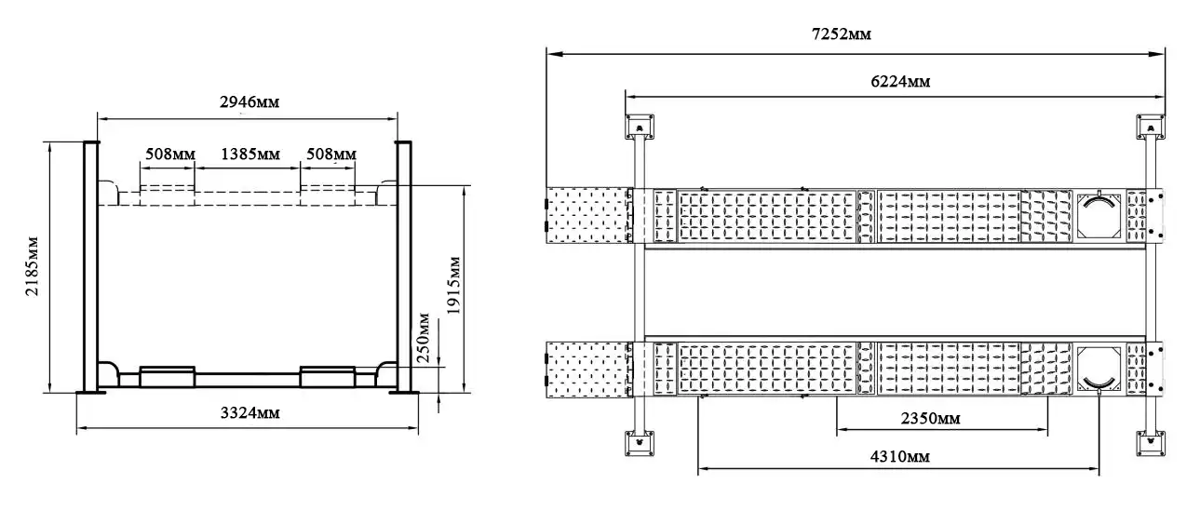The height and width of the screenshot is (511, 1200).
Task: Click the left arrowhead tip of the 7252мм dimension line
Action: (x=547, y=54)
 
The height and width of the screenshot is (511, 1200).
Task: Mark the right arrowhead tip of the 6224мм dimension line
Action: (x=1165, y=97)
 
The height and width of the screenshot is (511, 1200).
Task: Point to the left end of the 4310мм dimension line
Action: (x=698, y=469)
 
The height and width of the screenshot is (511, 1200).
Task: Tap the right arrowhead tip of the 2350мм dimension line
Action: (x=1048, y=429)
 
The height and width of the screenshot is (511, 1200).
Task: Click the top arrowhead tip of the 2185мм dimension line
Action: (x=50, y=142)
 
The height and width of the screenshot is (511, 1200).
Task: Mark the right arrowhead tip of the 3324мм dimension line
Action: (x=418, y=427)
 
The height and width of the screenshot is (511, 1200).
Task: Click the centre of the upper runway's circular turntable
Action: (x=1099, y=215)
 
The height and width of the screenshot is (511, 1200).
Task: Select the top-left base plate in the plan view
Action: (x=640, y=127)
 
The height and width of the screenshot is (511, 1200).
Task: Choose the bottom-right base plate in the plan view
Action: (x=1151, y=443)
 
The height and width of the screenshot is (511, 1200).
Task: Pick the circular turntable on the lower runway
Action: (x=1099, y=368)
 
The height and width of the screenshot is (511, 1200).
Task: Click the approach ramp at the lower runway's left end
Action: (x=587, y=370)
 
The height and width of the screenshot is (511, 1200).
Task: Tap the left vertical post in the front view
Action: (x=91, y=267)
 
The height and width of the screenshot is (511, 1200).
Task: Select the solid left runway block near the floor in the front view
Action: (x=168, y=377)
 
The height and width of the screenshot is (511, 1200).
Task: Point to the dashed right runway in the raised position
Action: (x=328, y=195)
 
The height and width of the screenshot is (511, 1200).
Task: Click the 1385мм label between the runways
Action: (x=250, y=155)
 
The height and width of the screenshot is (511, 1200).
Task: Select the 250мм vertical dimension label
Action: (x=424, y=338)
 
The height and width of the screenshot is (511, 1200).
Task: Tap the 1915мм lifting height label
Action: (x=453, y=286)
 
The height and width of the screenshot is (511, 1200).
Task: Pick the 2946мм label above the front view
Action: (x=249, y=101)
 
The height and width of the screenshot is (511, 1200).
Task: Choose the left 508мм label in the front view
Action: (x=170, y=155)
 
